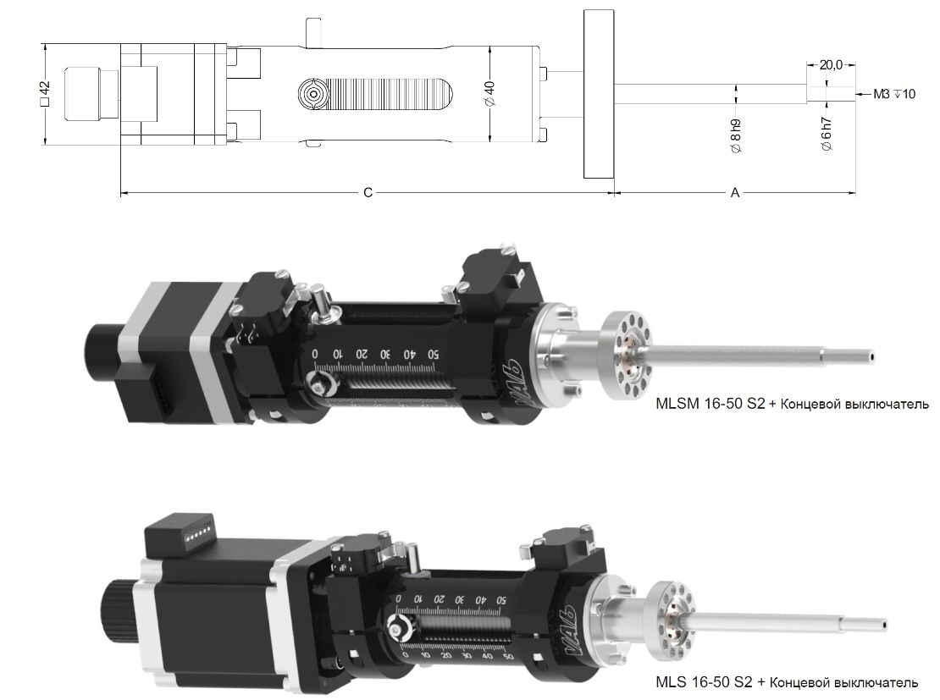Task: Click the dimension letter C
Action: point(368,192)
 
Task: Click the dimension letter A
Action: point(735,192)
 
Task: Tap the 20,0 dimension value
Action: point(831,64)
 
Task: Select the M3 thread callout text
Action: point(893,94)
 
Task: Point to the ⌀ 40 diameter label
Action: point(489,93)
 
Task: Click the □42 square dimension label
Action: point(45,94)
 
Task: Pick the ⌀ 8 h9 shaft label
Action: point(736,135)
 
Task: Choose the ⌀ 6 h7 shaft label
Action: point(827,134)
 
